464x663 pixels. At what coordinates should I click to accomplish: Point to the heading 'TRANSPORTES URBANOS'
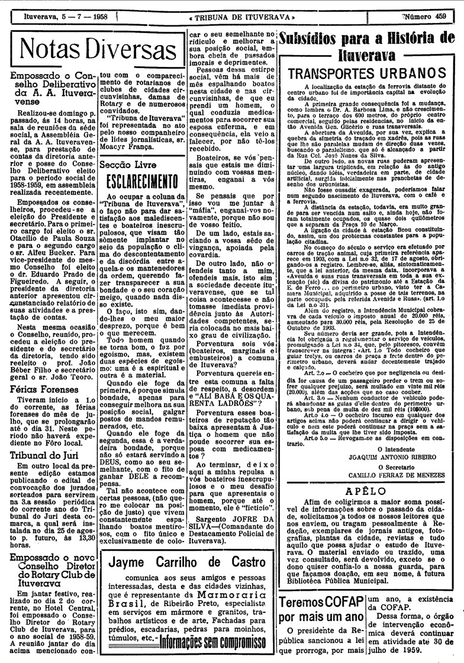370,75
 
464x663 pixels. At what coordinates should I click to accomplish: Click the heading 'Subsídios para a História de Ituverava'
370,47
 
